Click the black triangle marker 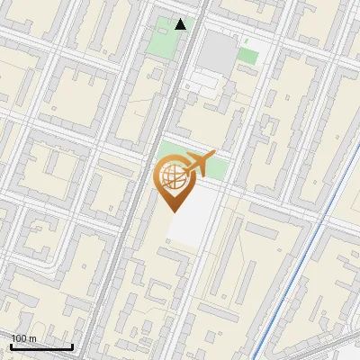[x=181, y=24]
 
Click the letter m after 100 [x=32, y=338]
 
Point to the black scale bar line [x=41, y=347]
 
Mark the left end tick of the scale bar [x=12, y=346]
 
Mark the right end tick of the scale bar [x=72, y=346]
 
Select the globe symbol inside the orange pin [x=172, y=175]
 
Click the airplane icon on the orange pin [x=199, y=164]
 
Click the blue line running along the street [x=297, y=261]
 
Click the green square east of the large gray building [x=247, y=56]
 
